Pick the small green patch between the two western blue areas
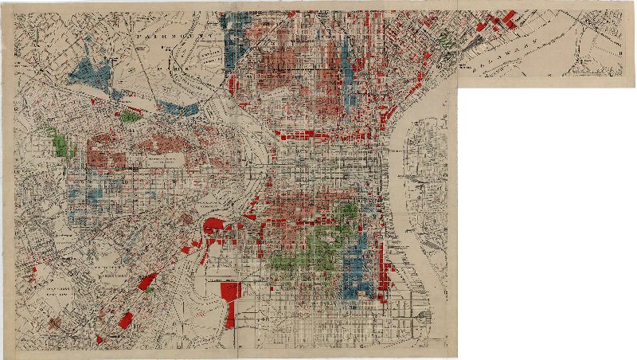click(128, 116)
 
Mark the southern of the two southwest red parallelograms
click(125, 320)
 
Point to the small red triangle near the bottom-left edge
click(100, 339)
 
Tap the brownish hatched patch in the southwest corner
click(54, 323)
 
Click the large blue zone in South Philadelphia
click(355, 267)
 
